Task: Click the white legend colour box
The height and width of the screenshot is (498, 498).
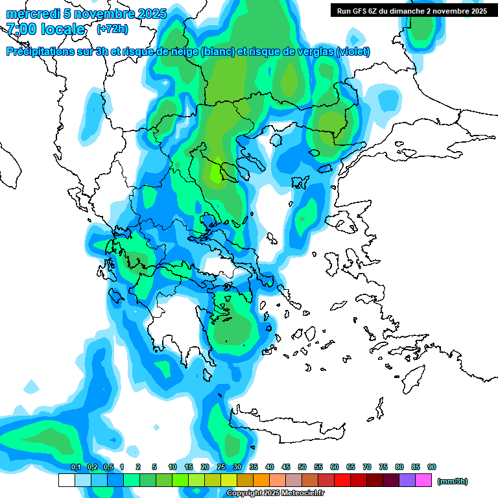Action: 67,480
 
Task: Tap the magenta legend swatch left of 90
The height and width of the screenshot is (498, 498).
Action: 423,480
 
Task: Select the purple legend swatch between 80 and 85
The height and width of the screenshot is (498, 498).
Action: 407,480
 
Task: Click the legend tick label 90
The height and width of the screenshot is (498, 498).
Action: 432,467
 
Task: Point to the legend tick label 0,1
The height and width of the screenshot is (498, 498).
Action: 75,467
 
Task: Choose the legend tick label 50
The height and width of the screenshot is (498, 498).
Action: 302,467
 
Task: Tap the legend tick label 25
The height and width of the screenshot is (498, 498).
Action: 221,467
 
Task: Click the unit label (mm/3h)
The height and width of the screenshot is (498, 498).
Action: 453,481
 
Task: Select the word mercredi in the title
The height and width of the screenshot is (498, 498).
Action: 30,14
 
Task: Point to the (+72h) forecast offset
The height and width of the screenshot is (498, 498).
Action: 112,29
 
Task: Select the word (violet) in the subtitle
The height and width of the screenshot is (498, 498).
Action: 353,51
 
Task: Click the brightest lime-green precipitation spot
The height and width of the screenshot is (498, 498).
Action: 215,173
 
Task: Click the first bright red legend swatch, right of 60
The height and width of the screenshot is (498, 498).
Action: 342,480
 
